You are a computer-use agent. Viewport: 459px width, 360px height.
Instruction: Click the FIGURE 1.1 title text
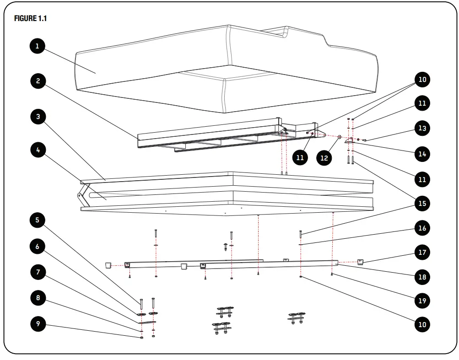point(31,19)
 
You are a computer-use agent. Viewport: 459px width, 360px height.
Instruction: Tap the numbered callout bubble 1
point(38,46)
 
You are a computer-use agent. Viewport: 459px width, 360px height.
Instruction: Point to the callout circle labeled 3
point(38,117)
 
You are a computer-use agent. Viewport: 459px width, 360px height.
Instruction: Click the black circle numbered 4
point(38,150)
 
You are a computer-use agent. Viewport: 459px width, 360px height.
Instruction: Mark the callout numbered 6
point(38,247)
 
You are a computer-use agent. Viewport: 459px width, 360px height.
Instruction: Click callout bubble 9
point(38,324)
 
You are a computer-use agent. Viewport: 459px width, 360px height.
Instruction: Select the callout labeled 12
point(324,157)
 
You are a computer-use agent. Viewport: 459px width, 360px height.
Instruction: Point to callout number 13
point(422,128)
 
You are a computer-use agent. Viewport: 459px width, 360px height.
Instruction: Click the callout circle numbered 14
point(422,154)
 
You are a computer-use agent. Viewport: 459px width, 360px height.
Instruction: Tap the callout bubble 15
point(422,203)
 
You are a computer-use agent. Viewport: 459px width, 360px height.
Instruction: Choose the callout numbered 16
point(422,227)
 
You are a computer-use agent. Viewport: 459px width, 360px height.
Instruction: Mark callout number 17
point(422,252)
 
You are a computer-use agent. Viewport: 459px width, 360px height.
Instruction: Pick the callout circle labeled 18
point(422,277)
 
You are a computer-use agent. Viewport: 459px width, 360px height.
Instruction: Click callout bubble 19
point(422,301)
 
